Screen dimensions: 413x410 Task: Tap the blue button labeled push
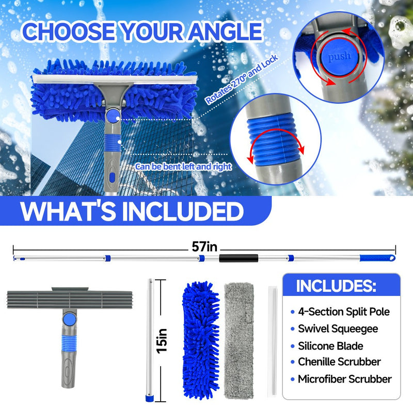tap(339, 56)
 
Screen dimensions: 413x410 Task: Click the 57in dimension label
tap(204, 247)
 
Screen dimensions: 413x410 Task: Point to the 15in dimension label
tap(162, 341)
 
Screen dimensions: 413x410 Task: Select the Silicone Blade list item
tap(330, 345)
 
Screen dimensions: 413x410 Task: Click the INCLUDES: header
tap(336, 286)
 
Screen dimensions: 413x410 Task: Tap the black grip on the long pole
tap(239, 258)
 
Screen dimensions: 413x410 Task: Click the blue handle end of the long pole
tap(377, 258)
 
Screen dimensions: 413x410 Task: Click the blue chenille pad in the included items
tap(201, 340)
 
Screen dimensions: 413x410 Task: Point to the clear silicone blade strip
tap(273, 341)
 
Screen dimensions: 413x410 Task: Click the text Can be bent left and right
tap(183, 166)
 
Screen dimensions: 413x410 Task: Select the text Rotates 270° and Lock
tap(242, 80)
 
